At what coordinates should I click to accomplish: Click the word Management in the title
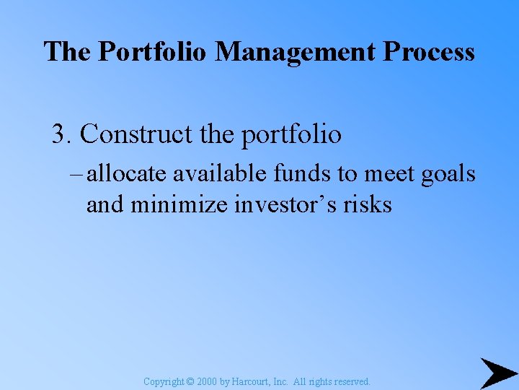296,52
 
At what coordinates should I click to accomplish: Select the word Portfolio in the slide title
154,52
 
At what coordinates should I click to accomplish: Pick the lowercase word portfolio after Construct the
291,134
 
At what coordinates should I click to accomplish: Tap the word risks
367,205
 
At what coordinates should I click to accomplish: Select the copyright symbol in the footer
191,381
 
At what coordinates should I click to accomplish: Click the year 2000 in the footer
207,381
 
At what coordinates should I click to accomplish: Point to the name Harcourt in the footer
249,381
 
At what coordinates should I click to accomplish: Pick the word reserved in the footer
352,381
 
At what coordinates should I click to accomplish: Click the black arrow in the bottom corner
497,373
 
